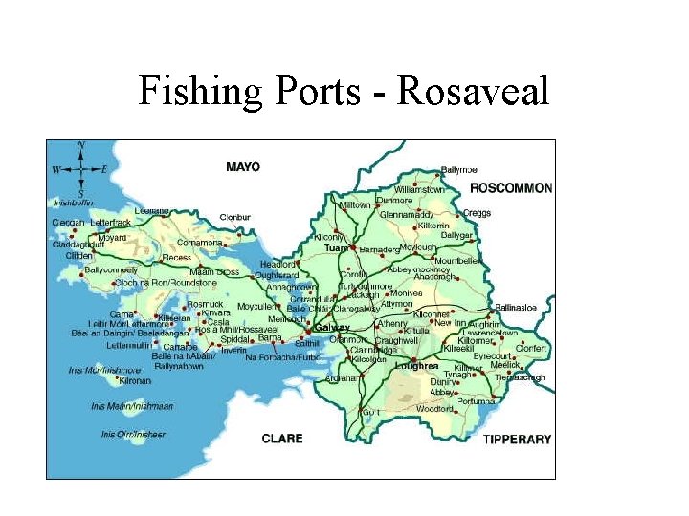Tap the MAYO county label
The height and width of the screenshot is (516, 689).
[243, 166]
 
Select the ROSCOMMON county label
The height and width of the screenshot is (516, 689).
[511, 187]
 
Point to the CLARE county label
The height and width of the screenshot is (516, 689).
[282, 439]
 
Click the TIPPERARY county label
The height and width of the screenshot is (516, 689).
[517, 439]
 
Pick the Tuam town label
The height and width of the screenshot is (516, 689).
[336, 247]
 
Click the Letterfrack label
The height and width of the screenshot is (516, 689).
[110, 223]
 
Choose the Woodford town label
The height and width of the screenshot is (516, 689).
[435, 409]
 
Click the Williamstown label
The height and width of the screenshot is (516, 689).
[419, 190]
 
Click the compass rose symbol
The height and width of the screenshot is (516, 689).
[80, 169]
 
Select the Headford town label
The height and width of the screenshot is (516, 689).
[278, 265]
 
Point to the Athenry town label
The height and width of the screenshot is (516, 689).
[392, 323]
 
